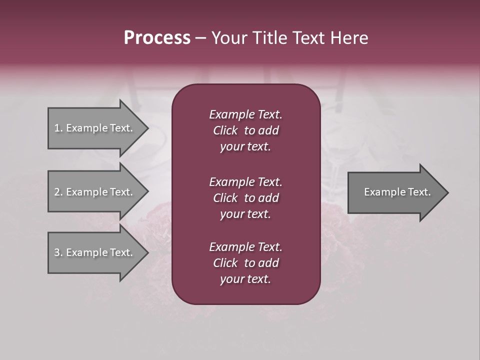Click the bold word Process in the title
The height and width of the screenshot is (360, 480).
click(157, 37)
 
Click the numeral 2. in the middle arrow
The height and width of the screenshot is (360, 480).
click(58, 192)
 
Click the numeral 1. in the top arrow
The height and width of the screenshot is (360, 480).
click(58, 128)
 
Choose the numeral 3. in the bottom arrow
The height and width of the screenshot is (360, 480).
click(58, 252)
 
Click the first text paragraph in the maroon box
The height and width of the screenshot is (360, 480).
click(245, 130)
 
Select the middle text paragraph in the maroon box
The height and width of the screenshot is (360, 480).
click(245, 197)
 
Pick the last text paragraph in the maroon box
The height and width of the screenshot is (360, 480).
click(245, 263)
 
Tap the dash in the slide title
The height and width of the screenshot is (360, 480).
click(201, 38)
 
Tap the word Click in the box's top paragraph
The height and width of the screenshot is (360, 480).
click(225, 130)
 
